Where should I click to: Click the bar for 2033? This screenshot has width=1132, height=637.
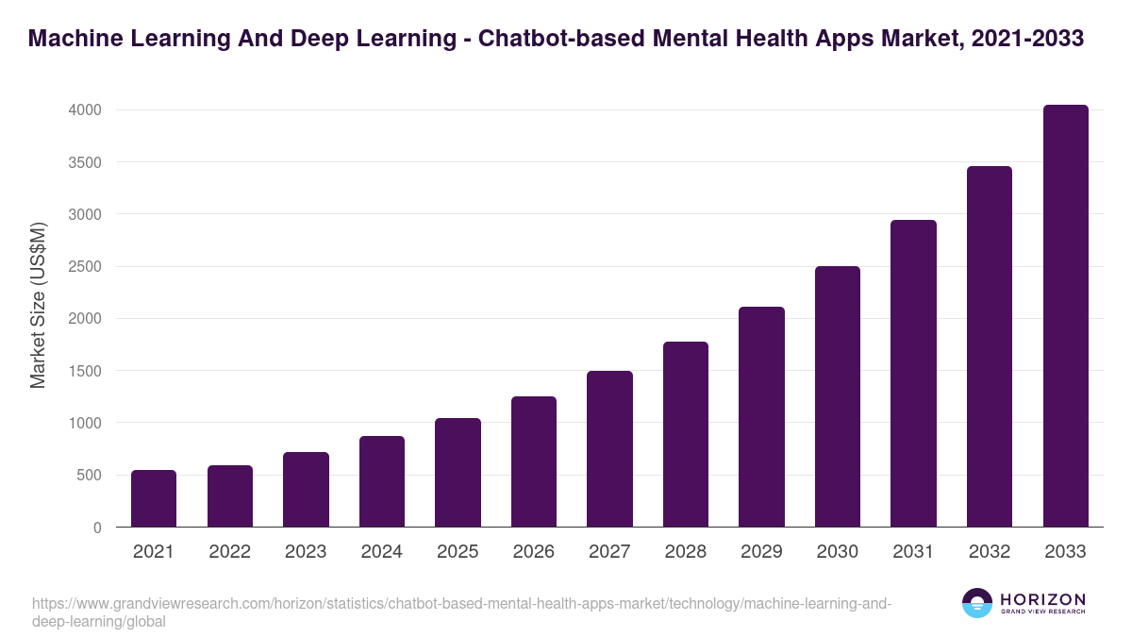(x=1065, y=316)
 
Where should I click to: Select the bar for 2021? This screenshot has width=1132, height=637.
(x=154, y=498)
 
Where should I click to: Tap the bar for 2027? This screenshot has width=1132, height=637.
(x=609, y=449)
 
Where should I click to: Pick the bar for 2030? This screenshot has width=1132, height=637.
(x=838, y=396)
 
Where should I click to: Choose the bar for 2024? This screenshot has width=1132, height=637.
(x=382, y=481)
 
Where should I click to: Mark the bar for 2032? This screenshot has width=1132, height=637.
(x=990, y=346)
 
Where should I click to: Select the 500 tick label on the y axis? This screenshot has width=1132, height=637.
(x=89, y=476)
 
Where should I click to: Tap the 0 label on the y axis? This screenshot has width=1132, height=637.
(x=96, y=528)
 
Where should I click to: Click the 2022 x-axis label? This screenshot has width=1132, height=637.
(x=230, y=552)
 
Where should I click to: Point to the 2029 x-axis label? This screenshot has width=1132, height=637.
(x=761, y=552)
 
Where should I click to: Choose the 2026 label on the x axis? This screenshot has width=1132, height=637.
(x=534, y=552)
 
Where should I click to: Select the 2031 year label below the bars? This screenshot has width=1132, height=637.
(x=913, y=552)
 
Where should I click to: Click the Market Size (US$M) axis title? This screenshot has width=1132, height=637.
(x=38, y=306)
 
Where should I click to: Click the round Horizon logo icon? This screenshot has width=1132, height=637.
(x=977, y=603)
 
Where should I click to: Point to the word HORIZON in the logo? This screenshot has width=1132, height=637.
(x=1041, y=599)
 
